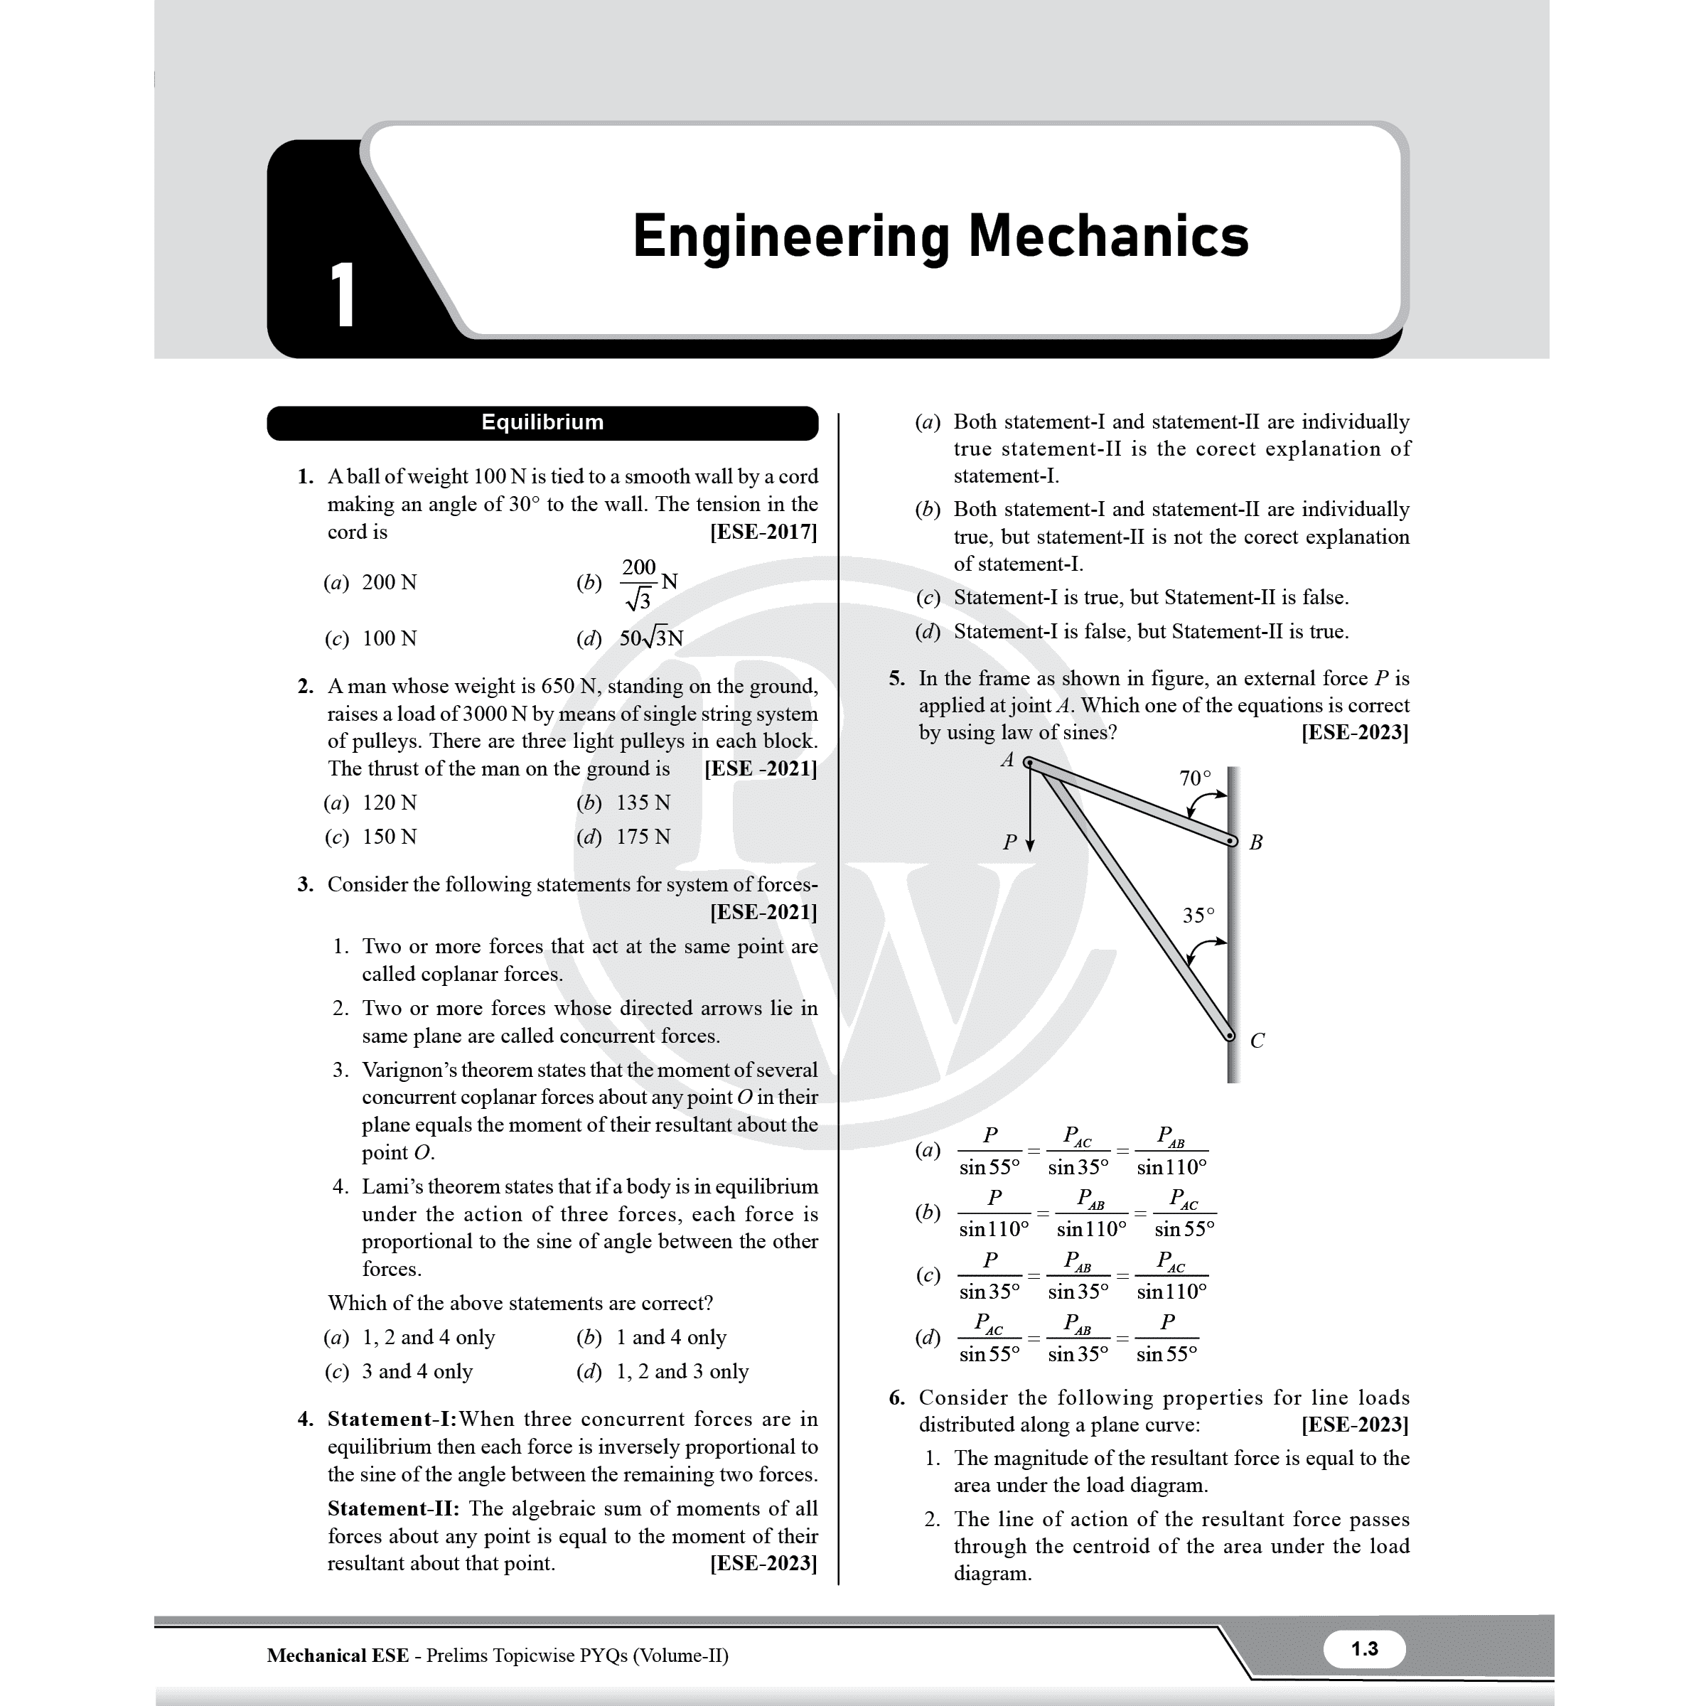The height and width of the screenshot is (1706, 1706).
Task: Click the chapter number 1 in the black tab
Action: pos(343,296)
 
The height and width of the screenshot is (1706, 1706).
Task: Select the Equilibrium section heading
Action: pos(542,422)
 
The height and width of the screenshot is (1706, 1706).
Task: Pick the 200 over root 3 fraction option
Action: pos(639,583)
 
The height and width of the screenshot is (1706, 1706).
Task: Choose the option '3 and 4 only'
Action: pos(417,1370)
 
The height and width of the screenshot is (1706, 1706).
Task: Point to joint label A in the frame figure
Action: pos(1007,759)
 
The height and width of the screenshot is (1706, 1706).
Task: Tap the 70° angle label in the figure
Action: pos(1195,778)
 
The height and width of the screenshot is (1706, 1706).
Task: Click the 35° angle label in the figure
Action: pos(1198,915)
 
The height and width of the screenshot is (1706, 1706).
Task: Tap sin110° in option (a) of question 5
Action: pos(1171,1167)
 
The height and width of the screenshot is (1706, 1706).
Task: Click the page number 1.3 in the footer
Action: pos(1363,1648)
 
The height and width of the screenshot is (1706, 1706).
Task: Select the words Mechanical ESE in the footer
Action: pos(338,1655)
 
